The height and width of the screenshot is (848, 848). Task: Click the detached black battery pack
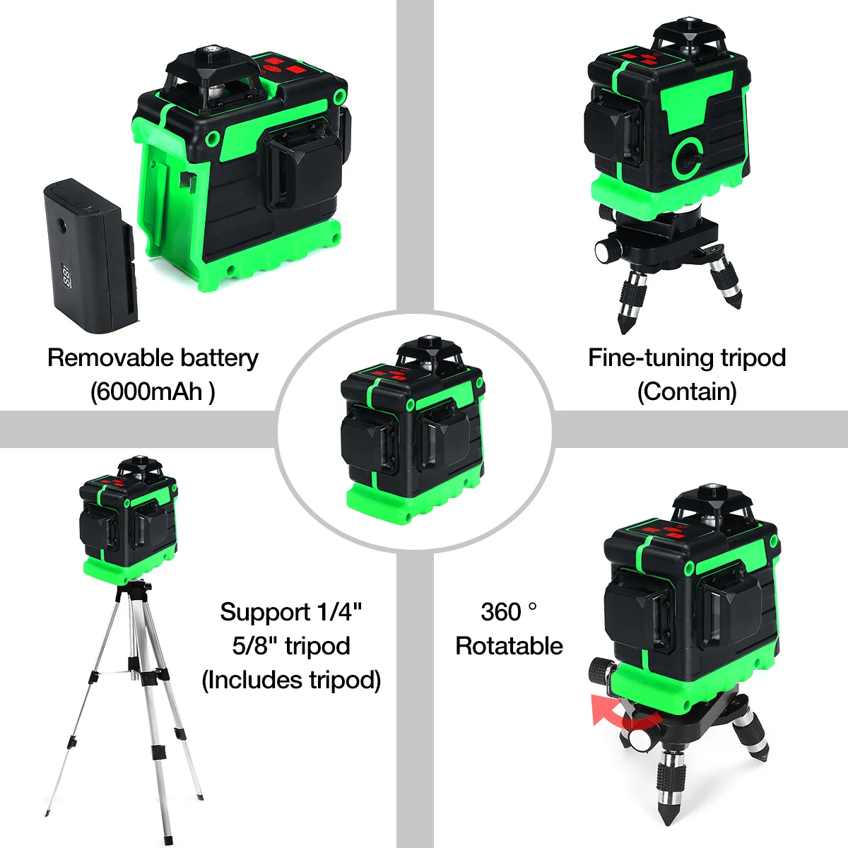click(x=90, y=255)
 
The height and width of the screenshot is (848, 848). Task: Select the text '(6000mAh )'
click(x=153, y=391)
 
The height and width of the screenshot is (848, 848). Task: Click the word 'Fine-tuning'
click(x=650, y=358)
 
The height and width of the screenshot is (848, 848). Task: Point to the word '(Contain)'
click(x=687, y=391)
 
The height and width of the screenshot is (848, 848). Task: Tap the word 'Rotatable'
click(x=509, y=646)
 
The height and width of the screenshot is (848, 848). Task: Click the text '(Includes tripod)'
click(x=291, y=681)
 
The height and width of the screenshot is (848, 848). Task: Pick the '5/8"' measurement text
click(x=254, y=646)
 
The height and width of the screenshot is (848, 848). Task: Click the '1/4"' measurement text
click(x=339, y=612)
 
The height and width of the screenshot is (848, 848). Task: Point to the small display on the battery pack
click(x=67, y=276)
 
